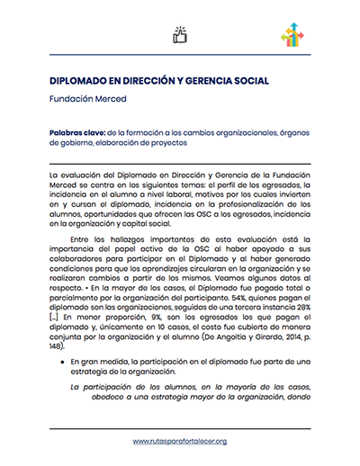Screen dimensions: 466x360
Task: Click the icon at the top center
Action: (x=179, y=35)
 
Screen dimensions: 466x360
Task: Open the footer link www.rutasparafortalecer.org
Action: (x=179, y=442)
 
